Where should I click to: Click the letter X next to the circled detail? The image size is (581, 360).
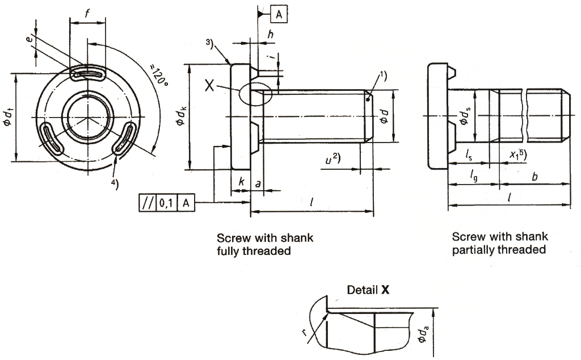coord(209,86)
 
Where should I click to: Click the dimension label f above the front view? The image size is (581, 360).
coord(88,13)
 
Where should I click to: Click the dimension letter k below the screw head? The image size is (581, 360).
coord(241,183)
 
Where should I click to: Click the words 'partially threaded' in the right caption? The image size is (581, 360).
coord(499,250)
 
